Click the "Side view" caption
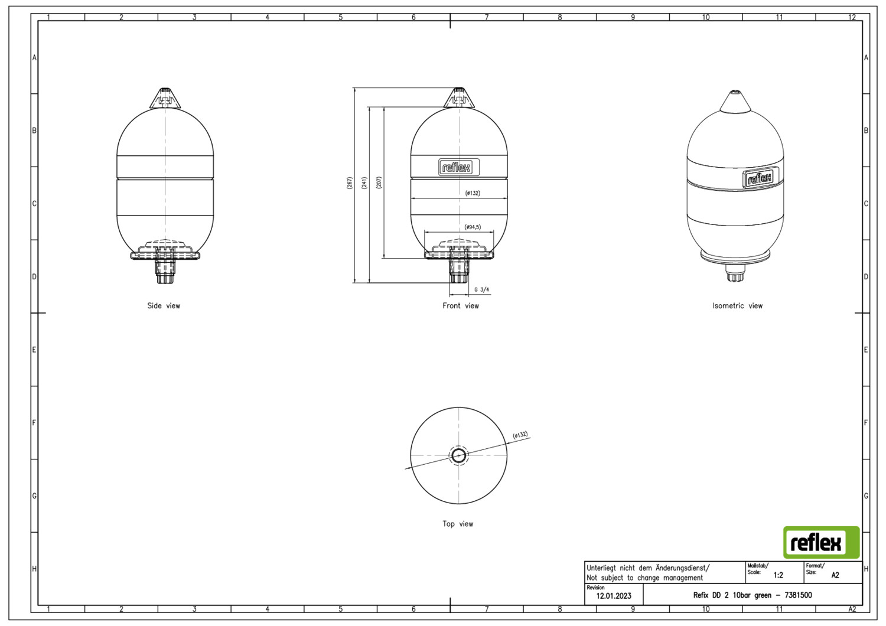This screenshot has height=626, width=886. [x=164, y=306]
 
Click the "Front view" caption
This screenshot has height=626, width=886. [x=460, y=306]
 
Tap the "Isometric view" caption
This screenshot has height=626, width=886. [x=737, y=306]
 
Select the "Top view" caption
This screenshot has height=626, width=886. [x=458, y=524]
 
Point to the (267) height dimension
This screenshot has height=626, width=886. [x=349, y=182]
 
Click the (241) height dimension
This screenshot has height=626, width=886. [x=364, y=182]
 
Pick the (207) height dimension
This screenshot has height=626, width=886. [x=379, y=182]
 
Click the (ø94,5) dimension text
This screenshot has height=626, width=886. [x=473, y=227]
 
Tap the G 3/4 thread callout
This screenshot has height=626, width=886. [x=481, y=289]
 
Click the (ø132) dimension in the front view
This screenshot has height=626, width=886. [x=473, y=193]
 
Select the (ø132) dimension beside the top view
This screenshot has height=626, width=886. [x=520, y=435]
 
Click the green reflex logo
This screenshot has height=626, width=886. [x=821, y=542]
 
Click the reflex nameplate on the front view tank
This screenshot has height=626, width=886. [x=459, y=168]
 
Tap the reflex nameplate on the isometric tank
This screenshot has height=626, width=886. [x=761, y=178]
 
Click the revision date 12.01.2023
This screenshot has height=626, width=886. [x=614, y=596]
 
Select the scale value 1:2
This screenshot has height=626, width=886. [x=778, y=575]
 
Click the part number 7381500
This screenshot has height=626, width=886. [x=798, y=595]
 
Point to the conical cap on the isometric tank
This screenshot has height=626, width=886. [x=735, y=102]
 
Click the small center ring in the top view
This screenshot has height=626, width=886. [x=458, y=456]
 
